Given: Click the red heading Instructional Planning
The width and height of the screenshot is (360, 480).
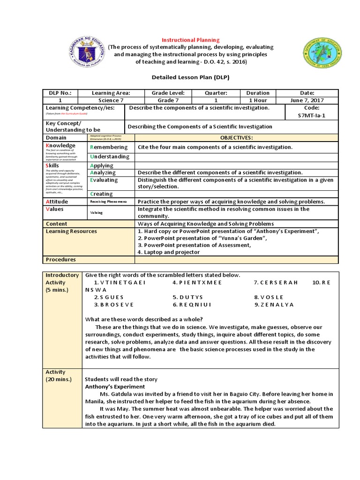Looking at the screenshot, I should pyautogui.click(x=190, y=40).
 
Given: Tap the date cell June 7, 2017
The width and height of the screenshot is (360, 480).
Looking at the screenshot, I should pyautogui.click(x=307, y=100).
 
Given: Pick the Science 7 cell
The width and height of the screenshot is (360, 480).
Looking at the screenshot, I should pyautogui.click(x=111, y=100).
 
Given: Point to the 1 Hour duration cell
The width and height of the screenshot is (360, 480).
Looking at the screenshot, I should pyautogui.click(x=258, y=100).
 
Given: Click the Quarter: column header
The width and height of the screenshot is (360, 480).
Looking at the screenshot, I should pyautogui.click(x=216, y=93).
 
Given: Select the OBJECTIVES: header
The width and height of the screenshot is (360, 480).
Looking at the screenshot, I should pyautogui.click(x=236, y=138).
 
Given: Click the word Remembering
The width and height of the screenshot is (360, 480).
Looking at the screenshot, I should pyautogui.click(x=108, y=147).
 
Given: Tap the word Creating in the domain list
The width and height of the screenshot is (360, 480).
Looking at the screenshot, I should pyautogui.click(x=101, y=194).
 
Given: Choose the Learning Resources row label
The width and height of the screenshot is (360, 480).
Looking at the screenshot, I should pyautogui.click(x=71, y=231).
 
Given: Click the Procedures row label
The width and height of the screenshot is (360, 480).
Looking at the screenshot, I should pyautogui.click(x=60, y=259).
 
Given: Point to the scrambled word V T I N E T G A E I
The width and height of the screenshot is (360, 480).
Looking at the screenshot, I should pyautogui.click(x=120, y=283).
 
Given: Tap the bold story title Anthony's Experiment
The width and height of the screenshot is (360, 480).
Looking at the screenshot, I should pyautogui.click(x=115, y=387).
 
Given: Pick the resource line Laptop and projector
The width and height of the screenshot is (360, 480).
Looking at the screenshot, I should pyautogui.click(x=169, y=252).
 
